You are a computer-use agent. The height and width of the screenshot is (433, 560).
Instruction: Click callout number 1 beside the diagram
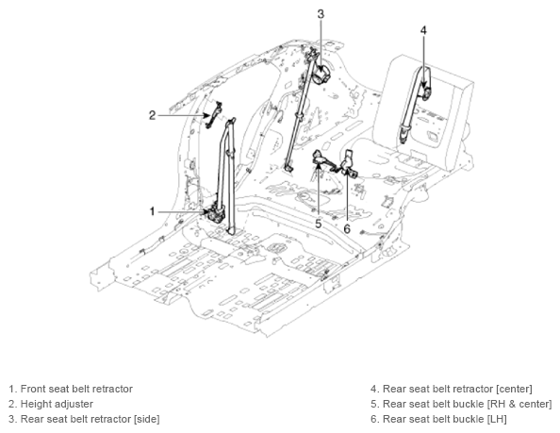[x=152, y=211]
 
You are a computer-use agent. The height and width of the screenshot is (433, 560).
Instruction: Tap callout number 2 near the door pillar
[x=153, y=115]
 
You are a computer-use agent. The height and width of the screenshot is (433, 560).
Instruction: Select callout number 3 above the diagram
[x=321, y=14]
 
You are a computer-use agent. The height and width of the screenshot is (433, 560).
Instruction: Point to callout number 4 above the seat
[x=423, y=30]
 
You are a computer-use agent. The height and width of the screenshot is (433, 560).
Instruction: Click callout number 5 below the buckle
[x=319, y=224]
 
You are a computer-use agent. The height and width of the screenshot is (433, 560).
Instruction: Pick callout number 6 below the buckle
[x=347, y=228]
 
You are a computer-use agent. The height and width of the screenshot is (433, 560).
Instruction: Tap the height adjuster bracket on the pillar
[x=214, y=115]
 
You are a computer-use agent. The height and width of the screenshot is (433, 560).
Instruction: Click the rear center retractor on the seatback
[x=426, y=92]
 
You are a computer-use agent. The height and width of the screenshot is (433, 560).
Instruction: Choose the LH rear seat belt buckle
[x=348, y=165]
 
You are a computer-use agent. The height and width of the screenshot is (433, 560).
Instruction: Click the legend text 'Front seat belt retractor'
[x=76, y=389]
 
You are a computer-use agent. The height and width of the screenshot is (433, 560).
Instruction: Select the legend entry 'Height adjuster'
[x=57, y=404]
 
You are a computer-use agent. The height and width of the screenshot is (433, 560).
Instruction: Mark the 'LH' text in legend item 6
[x=497, y=419]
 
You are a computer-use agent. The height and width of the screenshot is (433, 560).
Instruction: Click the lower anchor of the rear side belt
[x=288, y=167]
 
